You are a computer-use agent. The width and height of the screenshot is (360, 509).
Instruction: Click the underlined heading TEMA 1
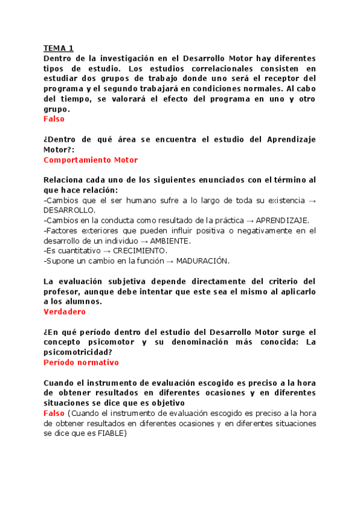pyautogui.click(x=58, y=48)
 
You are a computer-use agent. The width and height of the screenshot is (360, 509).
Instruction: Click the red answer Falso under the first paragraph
pyautogui.click(x=54, y=119)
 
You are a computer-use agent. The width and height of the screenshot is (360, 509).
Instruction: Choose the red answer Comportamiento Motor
pyautogui.click(x=91, y=160)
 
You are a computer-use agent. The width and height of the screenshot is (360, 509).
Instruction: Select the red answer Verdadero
pyautogui.click(x=65, y=312)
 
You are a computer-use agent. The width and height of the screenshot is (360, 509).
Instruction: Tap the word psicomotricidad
pyautogui.click(x=75, y=352)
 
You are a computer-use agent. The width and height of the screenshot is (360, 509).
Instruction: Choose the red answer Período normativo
pyautogui.click(x=81, y=363)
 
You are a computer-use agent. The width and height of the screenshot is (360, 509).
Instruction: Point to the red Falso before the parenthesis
pyautogui.click(x=54, y=413)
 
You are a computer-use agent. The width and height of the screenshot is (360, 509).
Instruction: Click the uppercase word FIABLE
pyautogui.click(x=109, y=433)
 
